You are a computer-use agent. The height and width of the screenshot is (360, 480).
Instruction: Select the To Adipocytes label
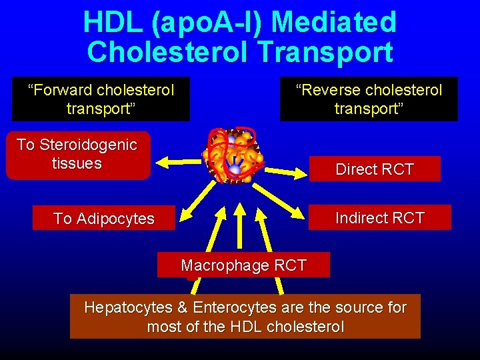pos(103,219)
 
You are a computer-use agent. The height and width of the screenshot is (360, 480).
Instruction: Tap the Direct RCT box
pos(375,169)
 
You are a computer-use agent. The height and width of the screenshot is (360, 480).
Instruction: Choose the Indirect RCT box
pos(379,218)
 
